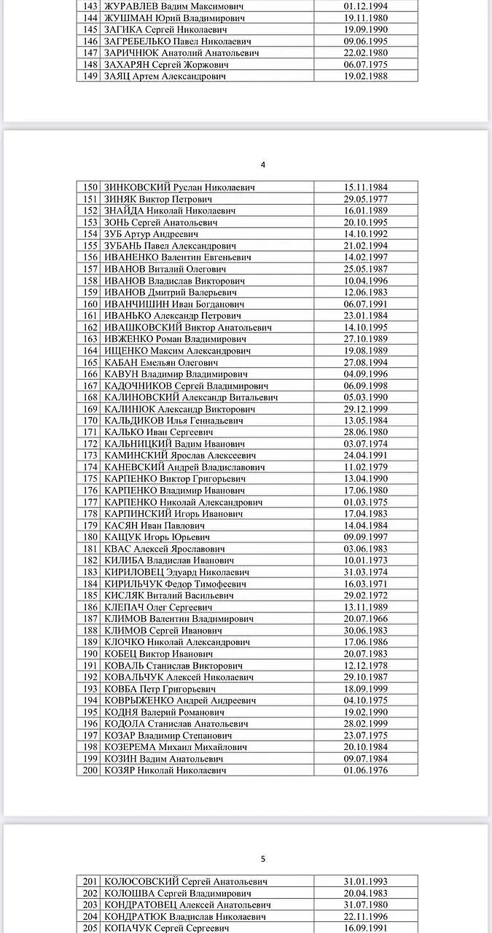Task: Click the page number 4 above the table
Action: (262, 165)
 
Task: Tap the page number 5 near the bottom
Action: (263, 859)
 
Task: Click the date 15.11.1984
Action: (366, 187)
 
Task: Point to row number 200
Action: (90, 770)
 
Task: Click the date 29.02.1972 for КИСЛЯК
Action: (366, 596)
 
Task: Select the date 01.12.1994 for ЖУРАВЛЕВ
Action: (366, 7)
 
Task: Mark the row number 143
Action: (90, 7)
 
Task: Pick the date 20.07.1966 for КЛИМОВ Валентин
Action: (366, 619)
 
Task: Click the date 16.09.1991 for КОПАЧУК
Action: (366, 929)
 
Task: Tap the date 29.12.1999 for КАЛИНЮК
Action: (366, 409)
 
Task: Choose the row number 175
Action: (90, 479)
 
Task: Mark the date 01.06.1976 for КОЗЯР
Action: (366, 770)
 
